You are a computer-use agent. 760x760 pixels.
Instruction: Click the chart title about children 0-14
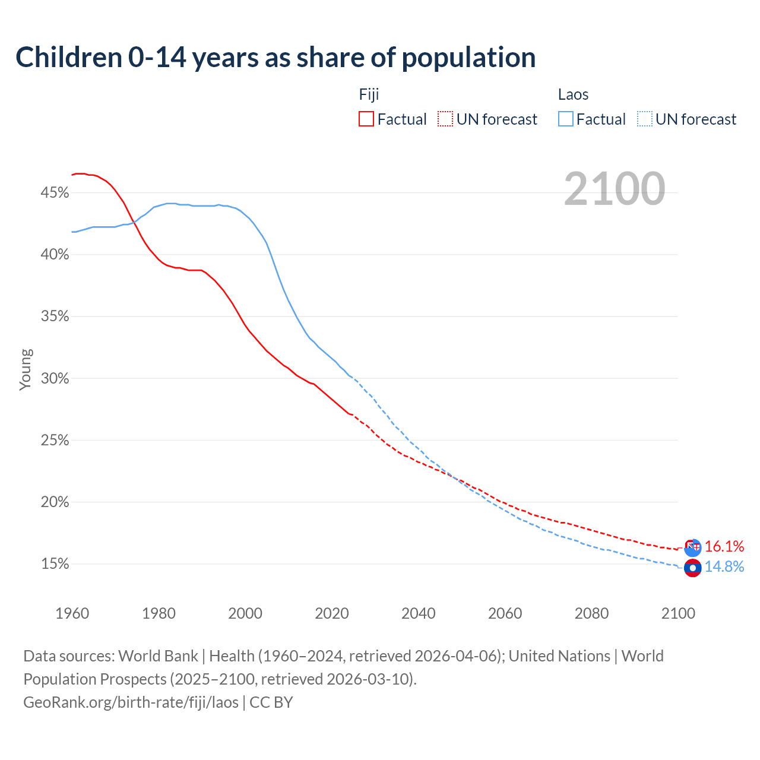pos(275,58)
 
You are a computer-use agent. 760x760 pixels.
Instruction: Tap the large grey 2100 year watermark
pos(615,189)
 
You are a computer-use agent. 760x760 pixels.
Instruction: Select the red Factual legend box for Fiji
pos(366,119)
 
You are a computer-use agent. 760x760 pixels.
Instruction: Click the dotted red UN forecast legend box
pos(445,119)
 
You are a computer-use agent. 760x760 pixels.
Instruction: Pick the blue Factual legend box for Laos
pos(566,119)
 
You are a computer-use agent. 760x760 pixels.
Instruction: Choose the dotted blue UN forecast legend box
pos(645,119)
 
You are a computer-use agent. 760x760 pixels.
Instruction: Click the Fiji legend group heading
pos(369,94)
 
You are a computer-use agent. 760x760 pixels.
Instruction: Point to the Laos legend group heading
pos(573,94)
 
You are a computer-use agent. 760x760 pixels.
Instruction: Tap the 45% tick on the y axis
pos(55,193)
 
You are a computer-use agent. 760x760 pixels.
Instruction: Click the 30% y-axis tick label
pos(55,378)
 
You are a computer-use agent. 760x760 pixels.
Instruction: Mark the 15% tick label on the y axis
pos(55,564)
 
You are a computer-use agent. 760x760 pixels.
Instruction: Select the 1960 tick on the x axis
pos(72,613)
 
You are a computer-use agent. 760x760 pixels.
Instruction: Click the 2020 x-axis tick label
pos(332,613)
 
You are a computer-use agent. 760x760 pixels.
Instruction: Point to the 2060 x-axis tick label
pos(505,613)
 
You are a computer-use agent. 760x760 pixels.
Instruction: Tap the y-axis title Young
pos(26,369)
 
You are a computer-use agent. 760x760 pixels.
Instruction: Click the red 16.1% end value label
pos(724,546)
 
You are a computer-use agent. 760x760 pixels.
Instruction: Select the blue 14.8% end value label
pos(724,566)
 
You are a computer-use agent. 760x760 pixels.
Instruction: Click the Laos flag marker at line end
pos(692,568)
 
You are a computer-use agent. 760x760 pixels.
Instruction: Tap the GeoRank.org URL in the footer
pos(131,702)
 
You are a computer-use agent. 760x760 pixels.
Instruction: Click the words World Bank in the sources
pos(158,655)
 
